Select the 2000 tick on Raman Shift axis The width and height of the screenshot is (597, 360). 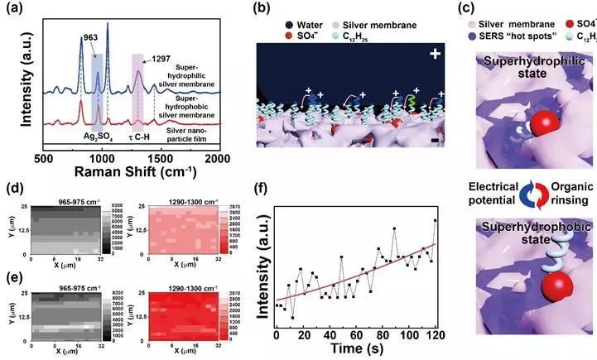217,157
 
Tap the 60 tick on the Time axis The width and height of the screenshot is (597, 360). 355,337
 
